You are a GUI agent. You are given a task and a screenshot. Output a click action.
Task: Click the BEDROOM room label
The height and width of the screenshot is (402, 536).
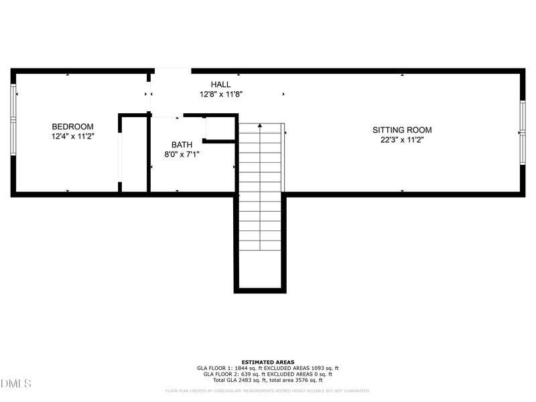click(72, 127)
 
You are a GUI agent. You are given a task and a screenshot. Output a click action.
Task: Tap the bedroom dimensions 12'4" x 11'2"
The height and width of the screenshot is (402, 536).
click(72, 137)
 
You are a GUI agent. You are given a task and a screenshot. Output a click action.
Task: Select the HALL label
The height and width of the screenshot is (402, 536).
click(220, 84)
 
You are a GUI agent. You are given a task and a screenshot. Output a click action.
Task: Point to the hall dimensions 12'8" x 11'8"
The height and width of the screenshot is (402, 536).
click(220, 94)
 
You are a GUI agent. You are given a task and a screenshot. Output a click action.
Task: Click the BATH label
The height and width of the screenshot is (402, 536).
click(182, 145)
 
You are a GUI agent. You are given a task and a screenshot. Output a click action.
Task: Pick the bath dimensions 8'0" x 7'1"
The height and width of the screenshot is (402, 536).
click(182, 154)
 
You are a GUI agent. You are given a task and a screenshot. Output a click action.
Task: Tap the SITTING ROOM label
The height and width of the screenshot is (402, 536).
click(402, 130)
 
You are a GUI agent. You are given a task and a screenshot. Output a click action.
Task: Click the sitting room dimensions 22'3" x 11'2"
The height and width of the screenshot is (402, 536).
click(402, 140)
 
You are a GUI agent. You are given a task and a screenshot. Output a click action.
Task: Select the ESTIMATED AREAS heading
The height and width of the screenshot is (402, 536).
click(267, 362)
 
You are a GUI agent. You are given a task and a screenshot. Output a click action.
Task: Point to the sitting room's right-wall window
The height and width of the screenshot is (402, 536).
click(522, 132)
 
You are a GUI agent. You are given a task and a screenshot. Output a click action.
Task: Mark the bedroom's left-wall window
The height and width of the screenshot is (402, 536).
click(13, 120)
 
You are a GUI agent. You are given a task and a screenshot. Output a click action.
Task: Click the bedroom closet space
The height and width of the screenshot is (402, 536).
click(134, 154)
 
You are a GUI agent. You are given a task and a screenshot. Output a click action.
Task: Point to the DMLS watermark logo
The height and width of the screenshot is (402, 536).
click(16, 384)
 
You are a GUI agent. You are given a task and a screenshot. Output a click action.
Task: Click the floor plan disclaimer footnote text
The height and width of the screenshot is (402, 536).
click(267, 391)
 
